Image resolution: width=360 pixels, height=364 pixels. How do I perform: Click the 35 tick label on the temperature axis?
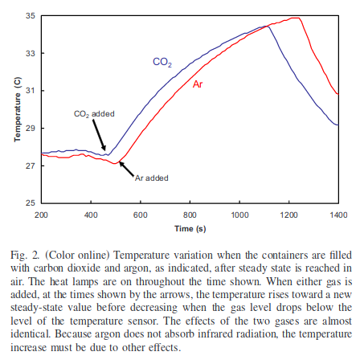31,16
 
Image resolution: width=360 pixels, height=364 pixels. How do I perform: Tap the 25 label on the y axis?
31,202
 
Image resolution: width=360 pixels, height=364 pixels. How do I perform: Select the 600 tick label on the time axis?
141,215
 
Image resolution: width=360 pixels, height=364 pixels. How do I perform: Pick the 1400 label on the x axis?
338,215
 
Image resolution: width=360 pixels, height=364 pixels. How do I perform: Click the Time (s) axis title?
190,229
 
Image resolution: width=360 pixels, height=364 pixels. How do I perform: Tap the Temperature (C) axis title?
18,109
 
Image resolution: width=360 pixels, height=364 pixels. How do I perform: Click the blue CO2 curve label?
162,62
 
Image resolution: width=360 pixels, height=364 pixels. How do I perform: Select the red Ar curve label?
198,84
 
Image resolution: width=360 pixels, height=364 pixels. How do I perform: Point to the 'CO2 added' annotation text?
94,114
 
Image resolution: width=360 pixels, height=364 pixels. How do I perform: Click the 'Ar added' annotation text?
152,178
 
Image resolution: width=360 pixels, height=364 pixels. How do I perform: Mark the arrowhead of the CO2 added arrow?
104,148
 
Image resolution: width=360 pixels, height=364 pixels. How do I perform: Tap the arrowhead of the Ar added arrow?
121,164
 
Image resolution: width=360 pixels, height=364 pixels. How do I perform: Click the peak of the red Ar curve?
296,18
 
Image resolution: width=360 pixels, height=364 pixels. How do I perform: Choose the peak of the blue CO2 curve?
265,27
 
